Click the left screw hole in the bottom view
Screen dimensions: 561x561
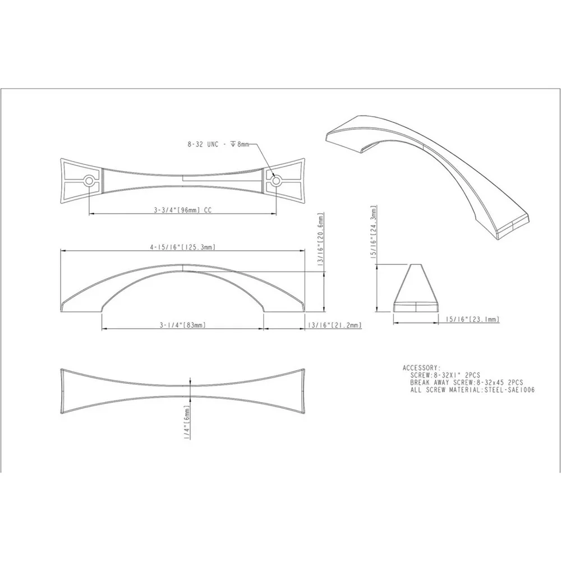[x=89, y=181]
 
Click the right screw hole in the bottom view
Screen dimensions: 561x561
[x=275, y=181]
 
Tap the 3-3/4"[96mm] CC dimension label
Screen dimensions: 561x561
[x=183, y=210]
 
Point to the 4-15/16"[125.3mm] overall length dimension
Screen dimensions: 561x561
[x=182, y=247]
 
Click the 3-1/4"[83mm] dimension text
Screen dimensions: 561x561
[x=183, y=325]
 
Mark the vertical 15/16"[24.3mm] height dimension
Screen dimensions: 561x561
[x=374, y=232]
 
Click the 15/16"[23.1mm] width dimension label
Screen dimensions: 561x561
[x=472, y=319]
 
